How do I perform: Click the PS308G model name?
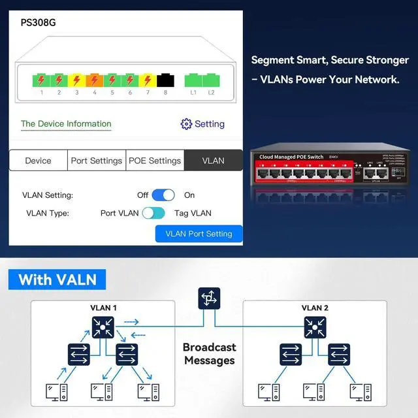39,22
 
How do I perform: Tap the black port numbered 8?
165,81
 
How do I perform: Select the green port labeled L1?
193,81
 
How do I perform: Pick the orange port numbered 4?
94,81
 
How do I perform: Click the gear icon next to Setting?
186,124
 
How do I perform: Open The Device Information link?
66,124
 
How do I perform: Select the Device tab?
38,161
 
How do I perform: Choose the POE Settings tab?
155,161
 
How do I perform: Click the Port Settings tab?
97,161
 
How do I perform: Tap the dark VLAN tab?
213,161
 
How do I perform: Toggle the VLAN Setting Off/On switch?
163,195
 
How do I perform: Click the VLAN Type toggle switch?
153,213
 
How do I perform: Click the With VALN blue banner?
57,280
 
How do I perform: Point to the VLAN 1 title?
103,308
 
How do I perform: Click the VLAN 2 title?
315,308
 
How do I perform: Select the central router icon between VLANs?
209,299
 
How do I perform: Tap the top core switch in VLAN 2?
315,327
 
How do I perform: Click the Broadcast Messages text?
209,354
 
